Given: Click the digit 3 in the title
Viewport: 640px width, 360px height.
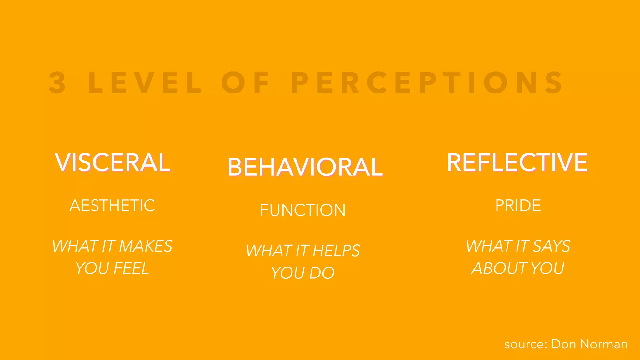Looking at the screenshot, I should (57, 82).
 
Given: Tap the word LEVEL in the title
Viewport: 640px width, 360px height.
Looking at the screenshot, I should (145, 82).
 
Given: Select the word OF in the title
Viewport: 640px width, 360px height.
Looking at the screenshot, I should (246, 82).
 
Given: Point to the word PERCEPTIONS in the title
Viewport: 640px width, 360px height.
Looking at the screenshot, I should (427, 82).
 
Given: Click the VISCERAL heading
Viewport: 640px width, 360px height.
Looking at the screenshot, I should (112, 162).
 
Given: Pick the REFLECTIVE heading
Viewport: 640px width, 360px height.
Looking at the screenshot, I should (517, 162).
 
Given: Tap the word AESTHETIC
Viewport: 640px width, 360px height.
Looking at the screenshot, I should (112, 206).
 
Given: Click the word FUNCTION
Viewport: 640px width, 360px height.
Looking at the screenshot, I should (303, 210).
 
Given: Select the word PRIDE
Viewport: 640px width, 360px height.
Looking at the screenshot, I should (518, 206).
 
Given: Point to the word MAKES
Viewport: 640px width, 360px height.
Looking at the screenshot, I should (146, 246).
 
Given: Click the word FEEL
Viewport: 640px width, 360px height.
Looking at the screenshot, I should (131, 268).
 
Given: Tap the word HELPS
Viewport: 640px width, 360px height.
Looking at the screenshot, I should (336, 251).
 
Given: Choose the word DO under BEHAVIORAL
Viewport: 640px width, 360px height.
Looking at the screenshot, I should (322, 273).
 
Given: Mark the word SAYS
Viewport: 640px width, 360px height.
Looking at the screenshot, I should (551, 246).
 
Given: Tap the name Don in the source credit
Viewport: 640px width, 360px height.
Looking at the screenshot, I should (564, 344).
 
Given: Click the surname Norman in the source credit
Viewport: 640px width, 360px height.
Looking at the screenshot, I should (604, 344).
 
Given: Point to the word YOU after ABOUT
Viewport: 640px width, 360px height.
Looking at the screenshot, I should (547, 268).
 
